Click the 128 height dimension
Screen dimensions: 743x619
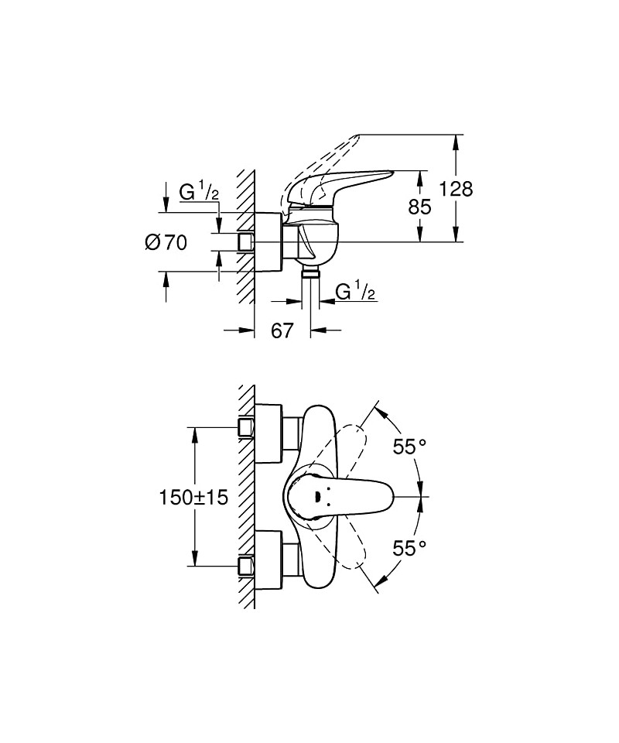pos(456,189)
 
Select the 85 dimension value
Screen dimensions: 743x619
pos(419,207)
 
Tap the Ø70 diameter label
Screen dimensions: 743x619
pos(166,242)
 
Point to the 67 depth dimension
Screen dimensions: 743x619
pos(282,330)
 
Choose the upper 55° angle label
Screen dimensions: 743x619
pos(409,447)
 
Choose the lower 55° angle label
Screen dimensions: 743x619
pos(409,548)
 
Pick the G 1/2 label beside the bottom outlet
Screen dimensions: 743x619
pos(355,292)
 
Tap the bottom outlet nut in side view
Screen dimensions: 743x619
pos(309,273)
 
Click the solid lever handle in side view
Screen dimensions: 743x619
pos(348,186)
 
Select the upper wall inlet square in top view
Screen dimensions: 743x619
pos(247,426)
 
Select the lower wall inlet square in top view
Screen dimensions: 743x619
pos(247,567)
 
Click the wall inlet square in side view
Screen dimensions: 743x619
pos(246,242)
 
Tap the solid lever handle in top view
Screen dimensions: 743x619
pos(356,496)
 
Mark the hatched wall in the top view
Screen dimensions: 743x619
pos(247,495)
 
